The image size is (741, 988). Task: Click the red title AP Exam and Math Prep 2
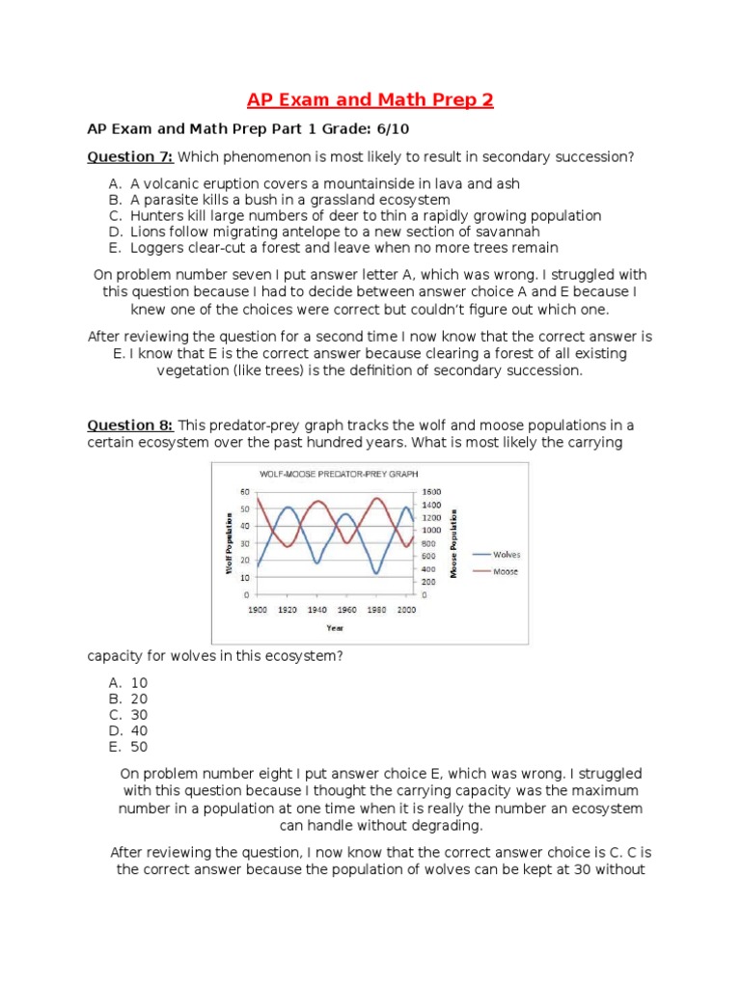pos(370,100)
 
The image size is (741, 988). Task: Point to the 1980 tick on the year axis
pos(377,610)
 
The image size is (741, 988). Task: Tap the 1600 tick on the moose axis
pos(431,492)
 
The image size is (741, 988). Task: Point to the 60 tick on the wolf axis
pos(245,492)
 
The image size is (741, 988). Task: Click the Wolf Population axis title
pos(229,543)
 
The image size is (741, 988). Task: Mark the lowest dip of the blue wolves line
pos(376,573)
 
